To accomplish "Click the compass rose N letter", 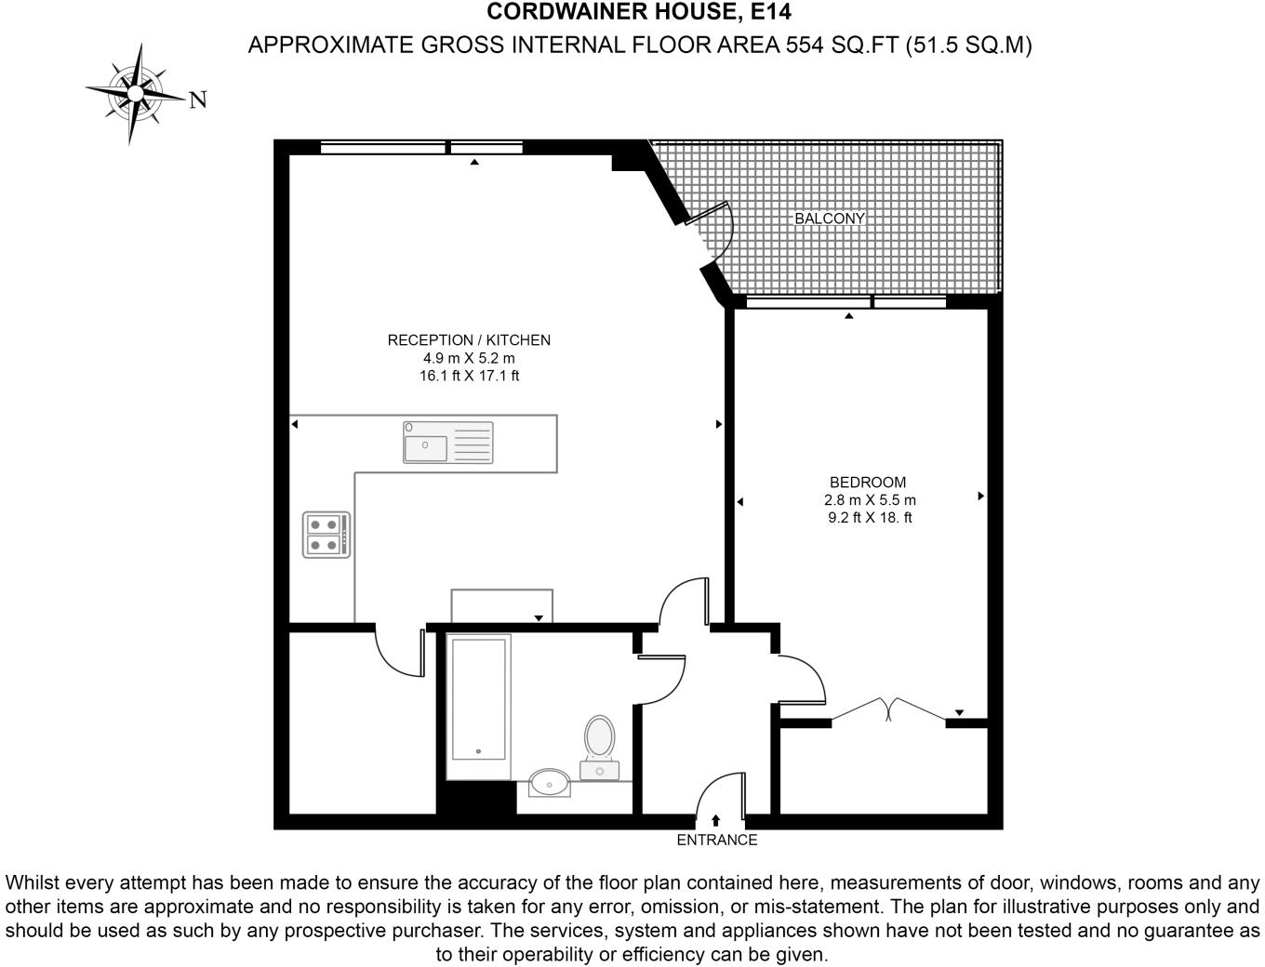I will point(197,100).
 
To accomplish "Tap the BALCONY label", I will point(830,219).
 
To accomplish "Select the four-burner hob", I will point(326,535).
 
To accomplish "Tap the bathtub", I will point(478,707).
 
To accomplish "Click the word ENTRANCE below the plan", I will point(716,841).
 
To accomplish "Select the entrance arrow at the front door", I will point(715,820).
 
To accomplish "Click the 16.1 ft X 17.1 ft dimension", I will point(469,377).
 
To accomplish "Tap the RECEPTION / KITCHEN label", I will point(469,340).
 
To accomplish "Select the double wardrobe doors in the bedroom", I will point(888,710).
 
